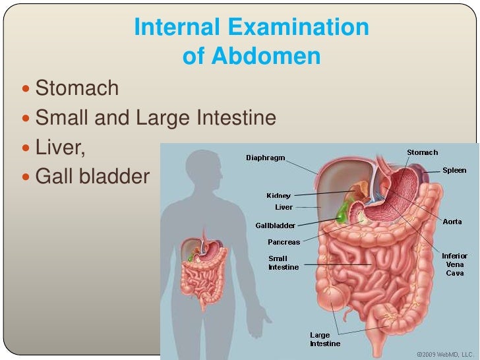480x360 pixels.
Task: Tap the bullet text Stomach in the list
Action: pyautogui.click(x=77, y=88)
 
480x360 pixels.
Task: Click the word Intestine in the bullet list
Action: pyautogui.click(x=235, y=118)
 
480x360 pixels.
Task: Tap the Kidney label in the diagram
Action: pyautogui.click(x=278, y=195)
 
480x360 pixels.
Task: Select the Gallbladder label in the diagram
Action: pyautogui.click(x=275, y=225)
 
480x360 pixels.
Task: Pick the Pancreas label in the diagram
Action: pyautogui.click(x=284, y=242)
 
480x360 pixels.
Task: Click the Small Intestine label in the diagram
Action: pyautogui.click(x=284, y=262)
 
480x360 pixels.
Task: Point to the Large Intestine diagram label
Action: pyautogui.click(x=325, y=339)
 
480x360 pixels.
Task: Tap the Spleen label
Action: pyautogui.click(x=454, y=170)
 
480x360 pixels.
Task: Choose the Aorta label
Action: pyautogui.click(x=452, y=222)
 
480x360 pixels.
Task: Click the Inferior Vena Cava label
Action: pyautogui.click(x=454, y=264)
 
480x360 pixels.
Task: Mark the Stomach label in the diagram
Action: pyautogui.click(x=422, y=152)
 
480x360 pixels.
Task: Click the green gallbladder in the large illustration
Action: pyautogui.click(x=342, y=214)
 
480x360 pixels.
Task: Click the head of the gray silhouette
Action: pyautogui.click(x=202, y=162)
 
